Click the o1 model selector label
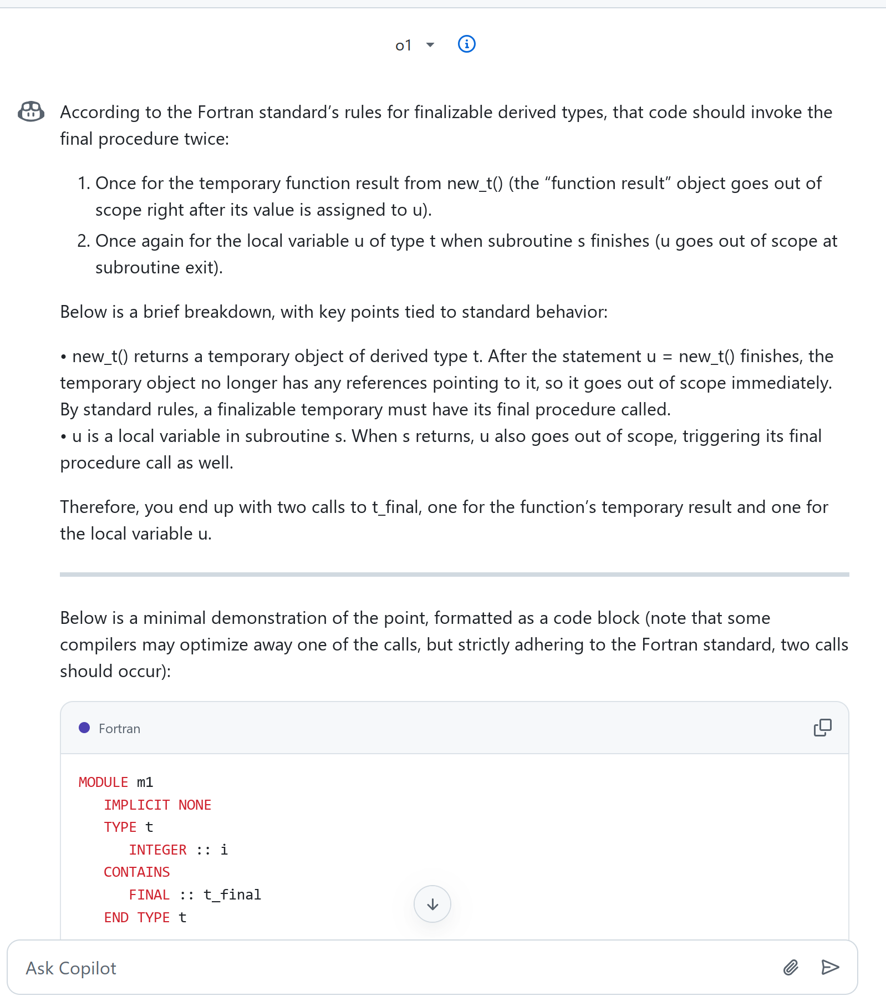[404, 45]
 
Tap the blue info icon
[466, 44]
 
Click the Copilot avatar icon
[31, 111]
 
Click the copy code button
[822, 728]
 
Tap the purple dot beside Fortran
[84, 728]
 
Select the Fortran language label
[119, 729]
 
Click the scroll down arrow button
[432, 904]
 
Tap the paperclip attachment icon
[791, 968]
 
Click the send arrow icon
[830, 968]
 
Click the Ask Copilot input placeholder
[71, 968]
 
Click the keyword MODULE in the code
[103, 782]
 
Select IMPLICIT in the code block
[137, 805]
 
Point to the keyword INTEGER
[157, 850]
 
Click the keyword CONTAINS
[136, 872]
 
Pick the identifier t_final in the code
[232, 895]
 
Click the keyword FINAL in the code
[149, 895]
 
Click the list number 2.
[83, 241]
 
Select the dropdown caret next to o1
[430, 45]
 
